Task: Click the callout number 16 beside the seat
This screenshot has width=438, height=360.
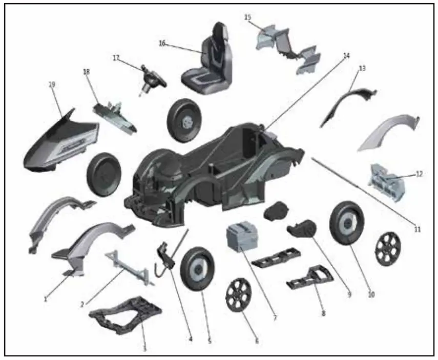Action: (x=162, y=44)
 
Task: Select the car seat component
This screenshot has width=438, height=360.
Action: (x=207, y=59)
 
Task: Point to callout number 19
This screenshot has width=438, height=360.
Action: (x=52, y=84)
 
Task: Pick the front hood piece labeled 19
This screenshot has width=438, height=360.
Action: (x=60, y=141)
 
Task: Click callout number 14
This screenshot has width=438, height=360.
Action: (x=346, y=56)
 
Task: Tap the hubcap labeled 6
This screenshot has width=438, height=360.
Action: (x=238, y=295)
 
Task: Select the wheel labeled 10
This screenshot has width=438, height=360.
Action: (x=347, y=223)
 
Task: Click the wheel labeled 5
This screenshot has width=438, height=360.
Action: (x=198, y=269)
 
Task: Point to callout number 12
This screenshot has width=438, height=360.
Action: (x=419, y=174)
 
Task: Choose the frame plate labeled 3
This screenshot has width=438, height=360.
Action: (x=126, y=315)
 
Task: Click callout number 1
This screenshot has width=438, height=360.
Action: (x=45, y=299)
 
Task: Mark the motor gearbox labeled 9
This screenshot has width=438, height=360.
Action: (x=302, y=230)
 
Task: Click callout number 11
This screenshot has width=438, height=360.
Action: (x=417, y=229)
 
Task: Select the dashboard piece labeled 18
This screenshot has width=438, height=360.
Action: (x=115, y=117)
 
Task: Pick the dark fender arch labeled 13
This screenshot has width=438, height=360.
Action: (x=348, y=105)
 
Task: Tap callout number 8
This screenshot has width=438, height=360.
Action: (x=323, y=313)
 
